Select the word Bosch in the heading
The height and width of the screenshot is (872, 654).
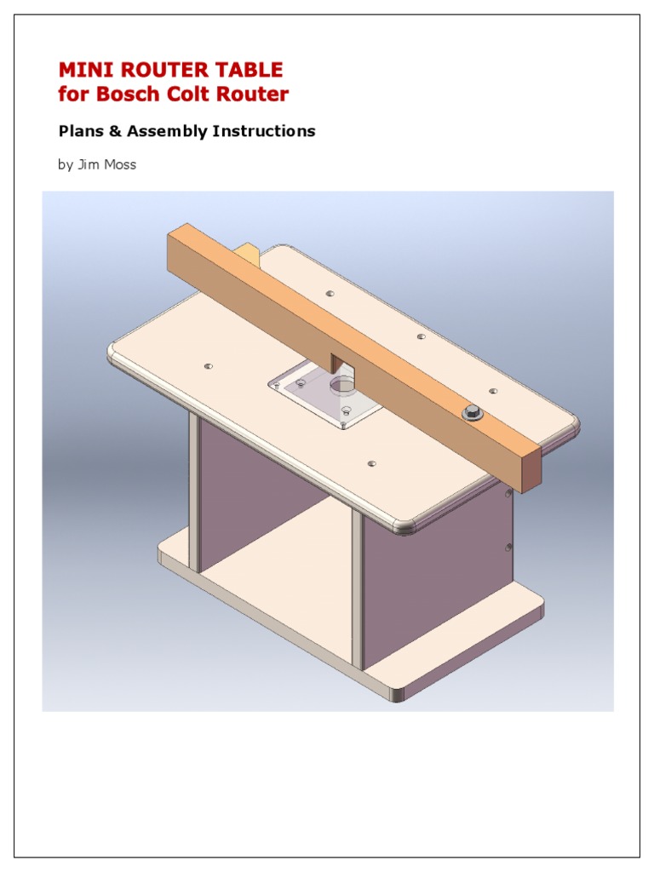coord(125,94)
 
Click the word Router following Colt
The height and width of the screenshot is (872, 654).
coord(252,94)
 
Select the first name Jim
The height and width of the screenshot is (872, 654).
coord(89,164)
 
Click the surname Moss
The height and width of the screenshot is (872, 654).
coord(120,164)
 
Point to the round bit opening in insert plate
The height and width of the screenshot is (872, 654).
coord(342,385)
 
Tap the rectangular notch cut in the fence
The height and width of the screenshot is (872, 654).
coord(337,362)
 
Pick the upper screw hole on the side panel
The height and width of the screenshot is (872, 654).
coord(508,493)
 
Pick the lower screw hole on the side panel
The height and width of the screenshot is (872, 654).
coord(508,548)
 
